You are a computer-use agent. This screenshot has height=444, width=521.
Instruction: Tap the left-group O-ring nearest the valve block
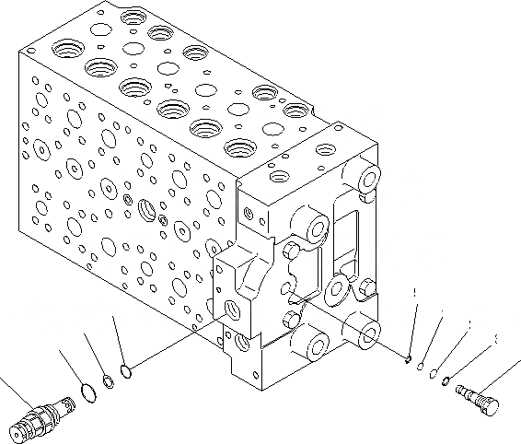click(127, 372)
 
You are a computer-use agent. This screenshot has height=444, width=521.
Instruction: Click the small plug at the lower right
click(476, 396)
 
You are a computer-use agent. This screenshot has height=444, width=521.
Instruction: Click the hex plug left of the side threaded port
click(126, 196)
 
